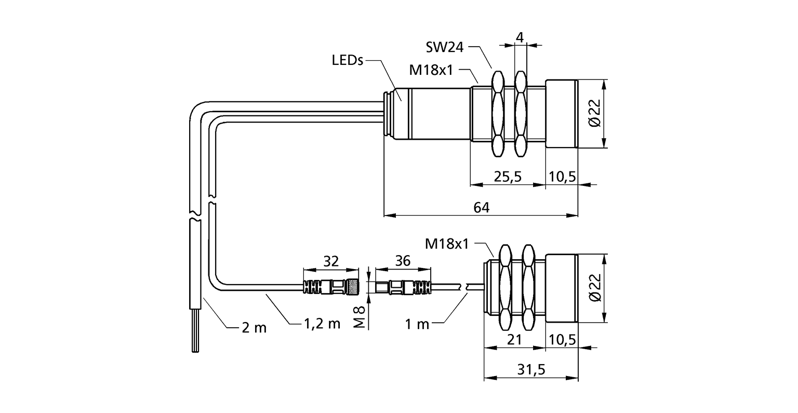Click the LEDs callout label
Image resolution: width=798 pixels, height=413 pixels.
[x=347, y=61]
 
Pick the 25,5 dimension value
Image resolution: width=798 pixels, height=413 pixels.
[x=507, y=177]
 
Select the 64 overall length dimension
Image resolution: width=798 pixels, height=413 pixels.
[x=481, y=207]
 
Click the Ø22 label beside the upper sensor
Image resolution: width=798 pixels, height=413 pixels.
[x=595, y=114]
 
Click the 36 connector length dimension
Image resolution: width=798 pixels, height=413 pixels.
[x=402, y=261]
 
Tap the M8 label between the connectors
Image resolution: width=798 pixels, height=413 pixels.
[x=359, y=316]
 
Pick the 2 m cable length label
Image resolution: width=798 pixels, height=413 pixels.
[x=254, y=327]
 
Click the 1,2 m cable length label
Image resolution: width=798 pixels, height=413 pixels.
[x=322, y=324]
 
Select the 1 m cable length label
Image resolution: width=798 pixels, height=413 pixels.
[x=418, y=324]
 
